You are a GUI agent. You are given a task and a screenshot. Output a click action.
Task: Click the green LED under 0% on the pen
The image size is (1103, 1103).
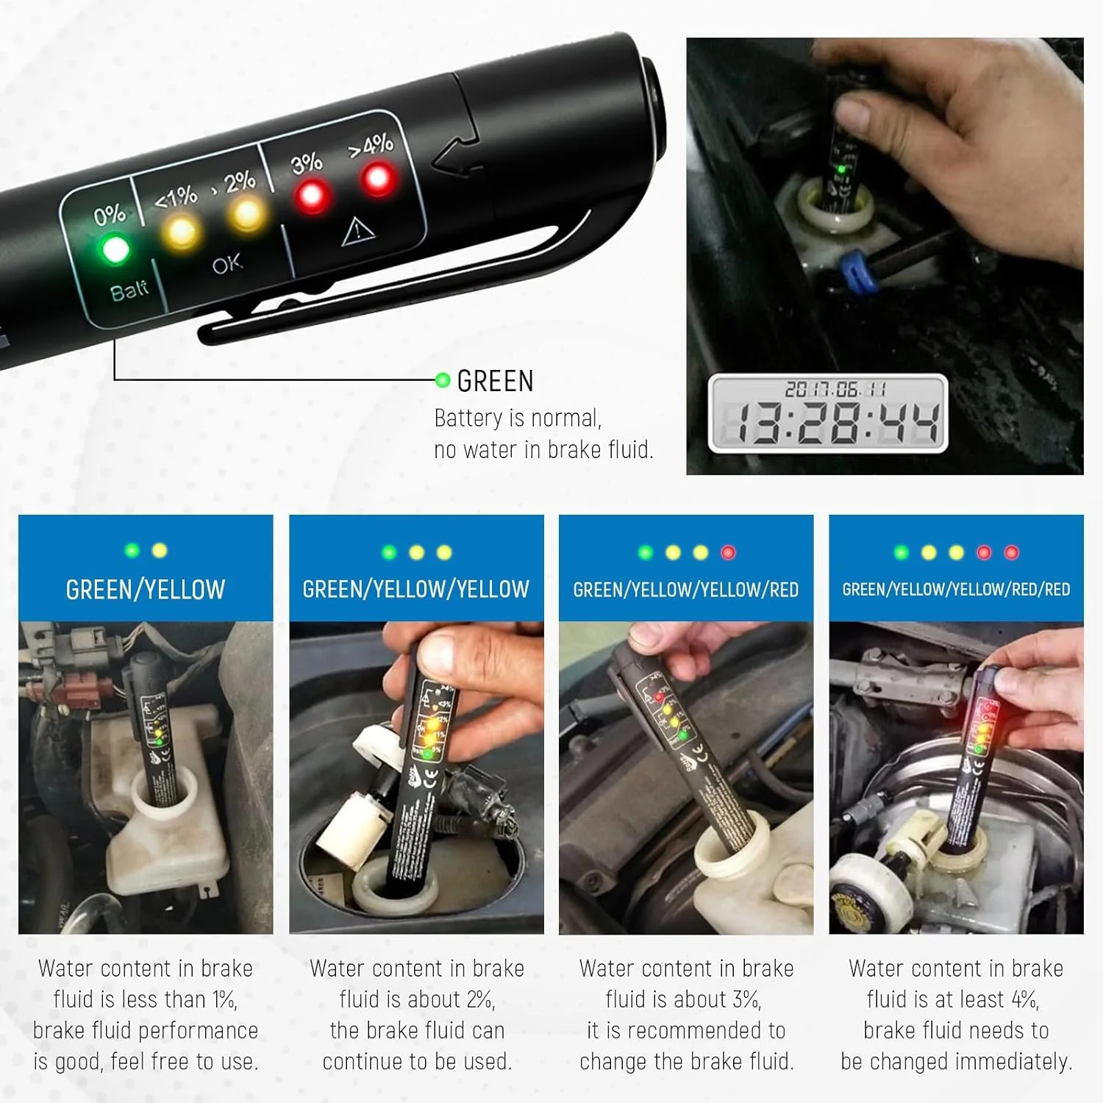pos(115,249)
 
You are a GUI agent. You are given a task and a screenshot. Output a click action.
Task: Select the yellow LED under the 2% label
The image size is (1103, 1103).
pos(246,214)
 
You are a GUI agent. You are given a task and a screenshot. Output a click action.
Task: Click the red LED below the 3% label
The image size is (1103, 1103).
pos(311,196)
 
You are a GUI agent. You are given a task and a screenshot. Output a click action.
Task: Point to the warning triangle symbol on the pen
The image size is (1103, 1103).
pos(358,232)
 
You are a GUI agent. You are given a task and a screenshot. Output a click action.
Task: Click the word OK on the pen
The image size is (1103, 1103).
pos(227,263)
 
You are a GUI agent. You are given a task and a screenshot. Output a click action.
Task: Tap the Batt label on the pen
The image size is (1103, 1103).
pos(129,291)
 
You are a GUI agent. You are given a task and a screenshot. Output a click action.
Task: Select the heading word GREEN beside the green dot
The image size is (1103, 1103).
pos(495,382)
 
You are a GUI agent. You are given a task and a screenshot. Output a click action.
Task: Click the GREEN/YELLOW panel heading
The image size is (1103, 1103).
pos(146,590)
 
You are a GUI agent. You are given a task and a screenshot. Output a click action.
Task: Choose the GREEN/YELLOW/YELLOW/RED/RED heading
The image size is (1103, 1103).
pos(956,590)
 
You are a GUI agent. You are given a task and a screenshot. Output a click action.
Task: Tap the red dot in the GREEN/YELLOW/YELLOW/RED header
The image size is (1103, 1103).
pos(728,552)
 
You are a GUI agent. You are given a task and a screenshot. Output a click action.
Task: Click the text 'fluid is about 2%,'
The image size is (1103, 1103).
pos(417,999)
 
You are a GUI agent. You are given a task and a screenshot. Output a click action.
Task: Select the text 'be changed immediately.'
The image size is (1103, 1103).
pos(956,1061)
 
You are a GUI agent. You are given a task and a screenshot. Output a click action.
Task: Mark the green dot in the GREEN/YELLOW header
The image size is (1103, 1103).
pos(132,550)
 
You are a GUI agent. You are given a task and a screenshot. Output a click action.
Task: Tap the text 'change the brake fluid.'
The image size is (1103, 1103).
pos(686,1061)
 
